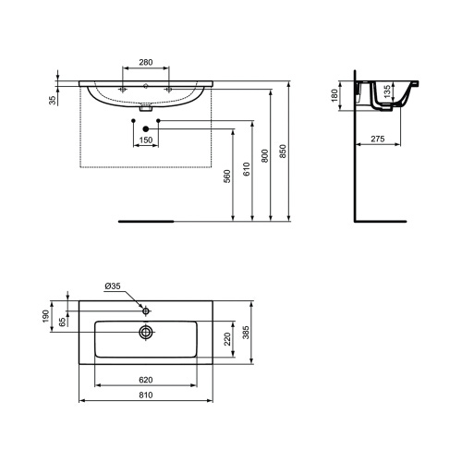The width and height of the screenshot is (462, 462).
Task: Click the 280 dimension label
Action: click(145, 61)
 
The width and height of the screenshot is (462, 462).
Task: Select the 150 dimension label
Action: click(145, 140)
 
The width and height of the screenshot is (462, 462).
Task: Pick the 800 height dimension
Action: click(266, 156)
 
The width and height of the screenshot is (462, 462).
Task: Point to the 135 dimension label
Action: click(385, 94)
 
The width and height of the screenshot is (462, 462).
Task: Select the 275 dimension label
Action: click(377, 139)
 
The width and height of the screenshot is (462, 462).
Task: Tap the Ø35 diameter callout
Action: click(113, 286)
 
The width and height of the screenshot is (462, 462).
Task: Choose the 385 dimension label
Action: click(246, 331)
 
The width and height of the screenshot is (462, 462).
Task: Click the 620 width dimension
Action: click(145, 379)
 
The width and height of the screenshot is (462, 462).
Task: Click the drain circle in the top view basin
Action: click(145, 331)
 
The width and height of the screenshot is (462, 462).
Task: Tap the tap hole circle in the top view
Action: click(145, 306)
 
